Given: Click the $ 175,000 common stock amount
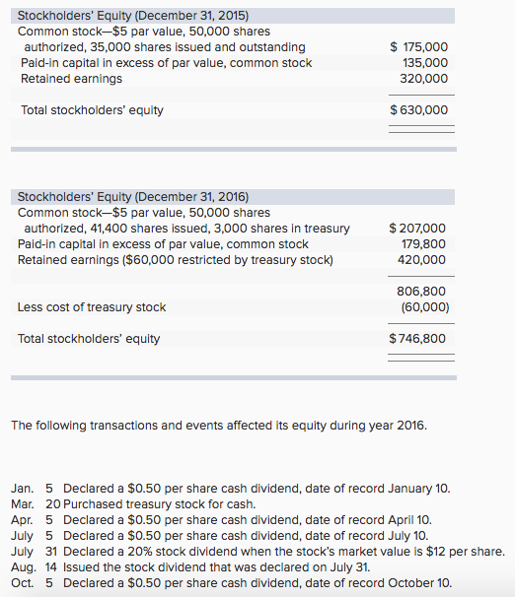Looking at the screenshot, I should tap(419, 47).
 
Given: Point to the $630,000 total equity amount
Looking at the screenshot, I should tap(419, 110).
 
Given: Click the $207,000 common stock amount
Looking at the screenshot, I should tap(418, 229).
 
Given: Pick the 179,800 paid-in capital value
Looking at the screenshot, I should tap(424, 244).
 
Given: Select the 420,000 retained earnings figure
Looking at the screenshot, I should tap(424, 260).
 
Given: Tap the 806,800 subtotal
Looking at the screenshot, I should tap(424, 292).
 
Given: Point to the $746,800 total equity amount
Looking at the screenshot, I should tap(418, 339).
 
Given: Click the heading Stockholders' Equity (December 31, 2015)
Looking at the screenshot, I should tap(133, 16).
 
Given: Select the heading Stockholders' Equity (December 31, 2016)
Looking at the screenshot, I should tap(133, 197).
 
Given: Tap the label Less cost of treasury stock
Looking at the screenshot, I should tap(92, 307).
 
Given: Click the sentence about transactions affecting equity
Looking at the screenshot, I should tap(218, 426).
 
